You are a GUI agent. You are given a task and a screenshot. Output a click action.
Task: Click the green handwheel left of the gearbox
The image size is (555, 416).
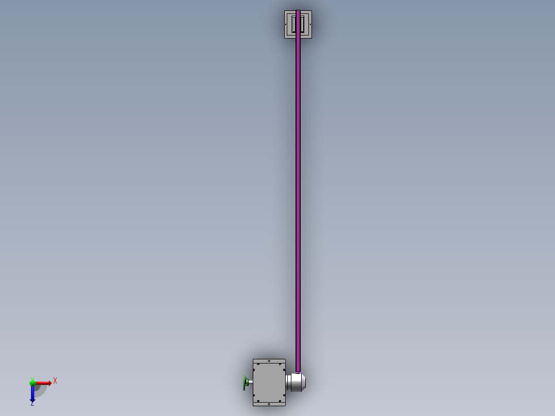(x=245, y=383)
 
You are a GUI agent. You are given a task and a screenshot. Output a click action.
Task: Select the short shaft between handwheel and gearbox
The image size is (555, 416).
(x=250, y=382)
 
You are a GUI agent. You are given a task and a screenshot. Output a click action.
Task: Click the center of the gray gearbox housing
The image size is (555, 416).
(x=269, y=383)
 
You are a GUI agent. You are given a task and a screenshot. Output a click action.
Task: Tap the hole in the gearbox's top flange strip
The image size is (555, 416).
(x=269, y=361)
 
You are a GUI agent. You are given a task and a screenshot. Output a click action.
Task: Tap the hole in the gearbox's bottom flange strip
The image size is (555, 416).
(x=269, y=404)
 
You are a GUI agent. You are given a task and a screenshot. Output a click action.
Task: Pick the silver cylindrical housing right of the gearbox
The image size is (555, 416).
(x=296, y=382)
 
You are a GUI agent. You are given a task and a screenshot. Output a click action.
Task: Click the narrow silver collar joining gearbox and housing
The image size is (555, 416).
(x=288, y=382)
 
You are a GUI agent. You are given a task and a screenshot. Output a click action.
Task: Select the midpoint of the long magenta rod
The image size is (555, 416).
(x=298, y=190)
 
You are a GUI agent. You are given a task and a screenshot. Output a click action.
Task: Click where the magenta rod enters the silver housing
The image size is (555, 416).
(x=298, y=371)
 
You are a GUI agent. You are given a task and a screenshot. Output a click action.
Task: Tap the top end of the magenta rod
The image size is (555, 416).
(x=298, y=12)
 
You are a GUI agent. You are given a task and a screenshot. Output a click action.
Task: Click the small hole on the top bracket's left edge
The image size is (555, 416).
(x=286, y=25)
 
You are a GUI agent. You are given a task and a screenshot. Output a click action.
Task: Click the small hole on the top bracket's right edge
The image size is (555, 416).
(x=310, y=25)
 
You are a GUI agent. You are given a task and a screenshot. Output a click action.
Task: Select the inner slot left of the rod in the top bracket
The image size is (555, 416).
(x=293, y=24)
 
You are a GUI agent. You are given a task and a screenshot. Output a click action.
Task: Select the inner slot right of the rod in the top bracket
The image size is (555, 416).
(x=303, y=24)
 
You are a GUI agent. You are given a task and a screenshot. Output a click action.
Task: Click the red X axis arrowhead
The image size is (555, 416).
(x=49, y=383)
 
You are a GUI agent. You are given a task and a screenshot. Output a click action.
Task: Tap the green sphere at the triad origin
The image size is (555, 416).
(x=32, y=383)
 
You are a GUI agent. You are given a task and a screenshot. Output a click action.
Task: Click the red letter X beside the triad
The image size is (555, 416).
(x=55, y=381)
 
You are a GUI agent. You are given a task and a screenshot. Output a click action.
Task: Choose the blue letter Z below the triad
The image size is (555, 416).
(x=32, y=404)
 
